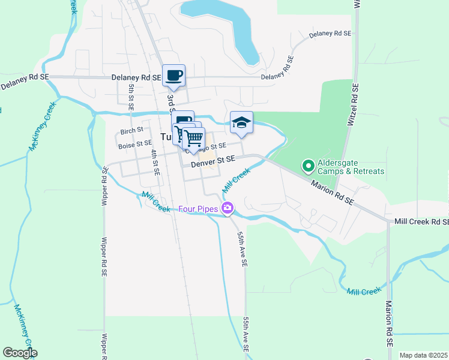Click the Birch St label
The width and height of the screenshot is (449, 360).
point(131,130)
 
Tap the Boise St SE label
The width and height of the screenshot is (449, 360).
point(136,143)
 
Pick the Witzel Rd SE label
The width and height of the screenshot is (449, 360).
point(354,104)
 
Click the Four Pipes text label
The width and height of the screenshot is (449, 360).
point(198,209)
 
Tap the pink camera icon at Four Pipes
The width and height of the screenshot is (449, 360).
point(228,209)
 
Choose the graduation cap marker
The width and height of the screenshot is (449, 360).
point(241,123)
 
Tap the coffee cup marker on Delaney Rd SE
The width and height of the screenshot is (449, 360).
point(174,76)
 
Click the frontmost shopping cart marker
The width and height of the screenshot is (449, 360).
point(194,139)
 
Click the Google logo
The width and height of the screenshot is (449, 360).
point(20,353)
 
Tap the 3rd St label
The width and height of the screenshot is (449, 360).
point(170,100)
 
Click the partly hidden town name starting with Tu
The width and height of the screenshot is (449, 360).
point(166,136)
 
